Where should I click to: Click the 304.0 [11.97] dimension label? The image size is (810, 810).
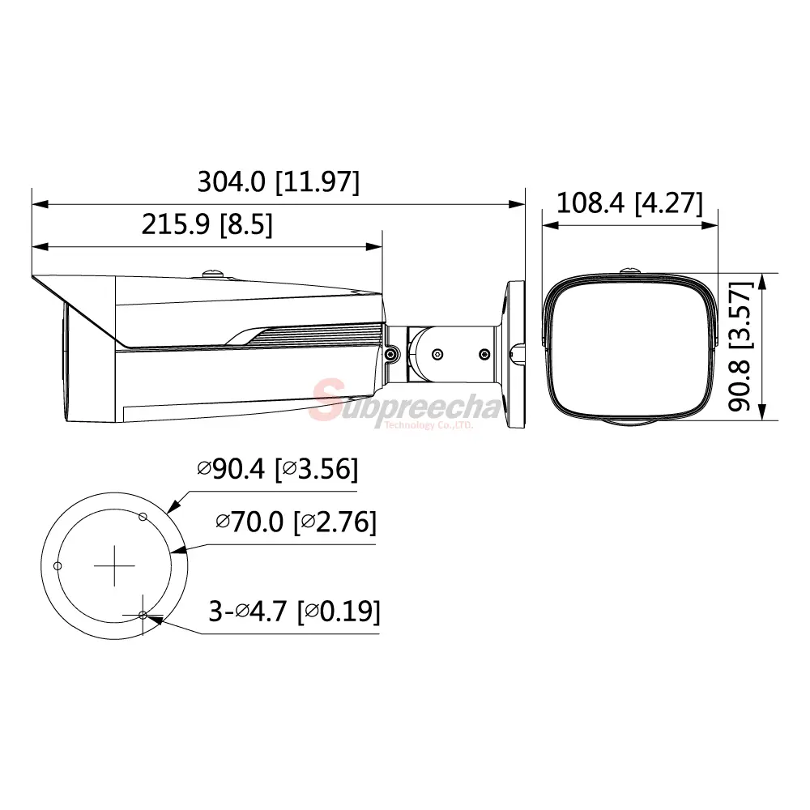(278, 181)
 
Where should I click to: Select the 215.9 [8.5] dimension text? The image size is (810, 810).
(207, 224)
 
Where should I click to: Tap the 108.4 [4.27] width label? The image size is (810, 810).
(629, 202)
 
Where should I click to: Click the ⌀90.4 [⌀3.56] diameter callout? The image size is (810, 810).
(277, 468)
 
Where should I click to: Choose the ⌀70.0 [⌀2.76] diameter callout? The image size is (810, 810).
(296, 522)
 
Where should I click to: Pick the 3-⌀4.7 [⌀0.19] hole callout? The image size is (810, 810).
(294, 612)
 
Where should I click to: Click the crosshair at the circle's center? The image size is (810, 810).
(114, 565)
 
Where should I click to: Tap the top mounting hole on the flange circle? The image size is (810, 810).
(143, 517)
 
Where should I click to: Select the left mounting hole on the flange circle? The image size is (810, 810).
(58, 565)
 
